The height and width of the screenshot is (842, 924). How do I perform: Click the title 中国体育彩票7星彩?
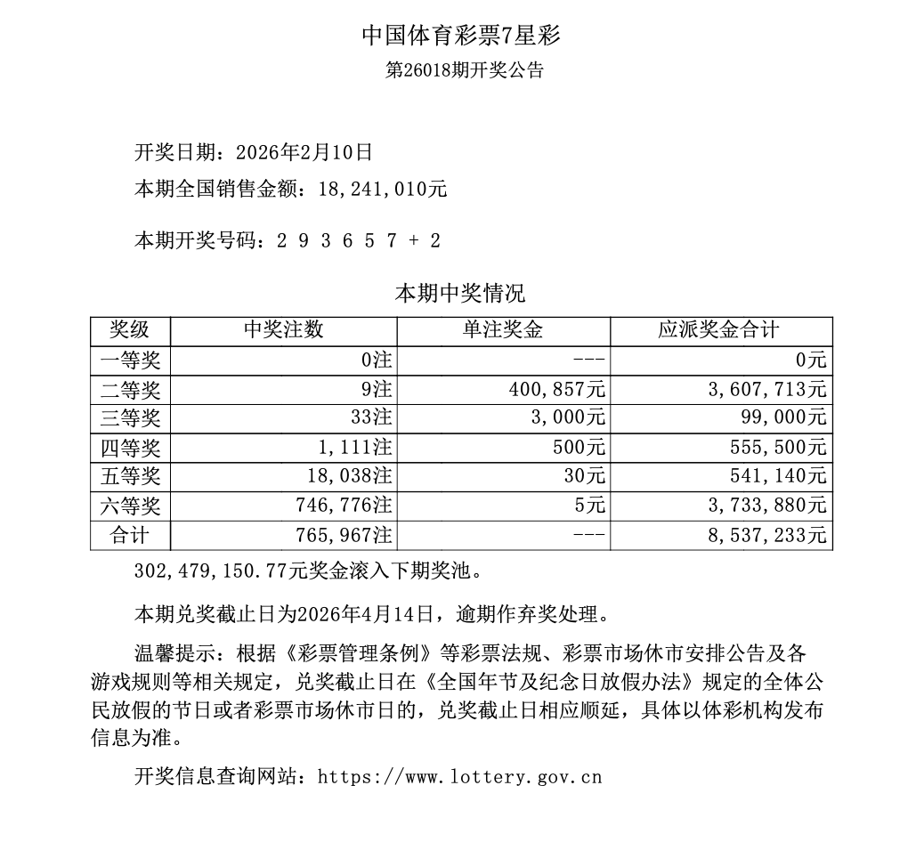tap(461, 36)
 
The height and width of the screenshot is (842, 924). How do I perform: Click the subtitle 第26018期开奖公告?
tap(463, 71)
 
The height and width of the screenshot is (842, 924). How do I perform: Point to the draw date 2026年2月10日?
tap(304, 153)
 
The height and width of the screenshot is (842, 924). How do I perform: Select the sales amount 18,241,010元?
tap(376, 189)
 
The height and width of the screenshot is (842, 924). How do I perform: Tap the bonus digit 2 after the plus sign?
tap(434, 240)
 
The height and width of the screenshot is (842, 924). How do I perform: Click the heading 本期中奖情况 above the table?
tap(460, 294)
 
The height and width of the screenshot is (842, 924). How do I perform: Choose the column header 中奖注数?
tap(283, 330)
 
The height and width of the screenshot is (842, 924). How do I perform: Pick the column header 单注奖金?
tap(503, 330)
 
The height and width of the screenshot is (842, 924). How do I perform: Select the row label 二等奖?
tap(130, 389)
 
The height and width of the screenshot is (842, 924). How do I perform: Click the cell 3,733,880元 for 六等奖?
tap(767, 506)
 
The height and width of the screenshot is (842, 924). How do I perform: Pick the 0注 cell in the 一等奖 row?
tap(378, 360)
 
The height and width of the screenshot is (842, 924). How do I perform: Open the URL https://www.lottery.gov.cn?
tap(459, 777)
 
